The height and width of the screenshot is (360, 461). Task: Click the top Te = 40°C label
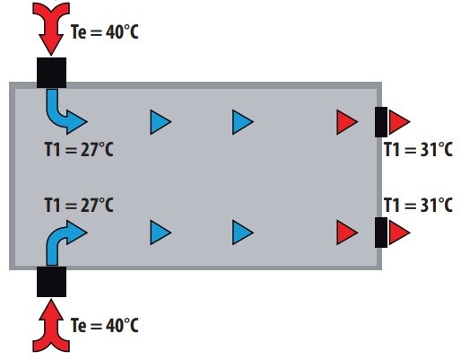tap(105, 31)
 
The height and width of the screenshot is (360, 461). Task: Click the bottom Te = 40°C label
tap(105, 325)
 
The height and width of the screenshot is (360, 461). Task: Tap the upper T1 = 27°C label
tap(79, 149)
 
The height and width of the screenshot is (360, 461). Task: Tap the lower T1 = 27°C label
tap(79, 205)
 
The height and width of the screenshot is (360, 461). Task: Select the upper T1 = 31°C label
tap(418, 149)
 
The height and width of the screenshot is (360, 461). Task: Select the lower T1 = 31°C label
tap(418, 205)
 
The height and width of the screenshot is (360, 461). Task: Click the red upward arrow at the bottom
tap(51, 326)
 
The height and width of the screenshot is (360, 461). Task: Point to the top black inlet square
tap(51, 73)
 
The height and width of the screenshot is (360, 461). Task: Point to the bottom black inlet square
tap(51, 282)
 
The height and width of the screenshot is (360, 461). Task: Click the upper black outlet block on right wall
tap(381, 122)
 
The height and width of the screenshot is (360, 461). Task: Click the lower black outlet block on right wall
tap(381, 233)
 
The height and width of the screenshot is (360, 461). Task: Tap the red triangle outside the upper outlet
tap(399, 122)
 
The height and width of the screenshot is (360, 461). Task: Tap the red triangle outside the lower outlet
tap(399, 233)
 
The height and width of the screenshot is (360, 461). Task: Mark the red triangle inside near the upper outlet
tap(347, 122)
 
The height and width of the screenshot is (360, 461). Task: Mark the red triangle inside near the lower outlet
tap(347, 233)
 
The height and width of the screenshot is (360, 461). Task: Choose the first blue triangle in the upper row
tap(161, 122)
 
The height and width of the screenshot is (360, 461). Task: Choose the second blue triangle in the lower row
tap(243, 233)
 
